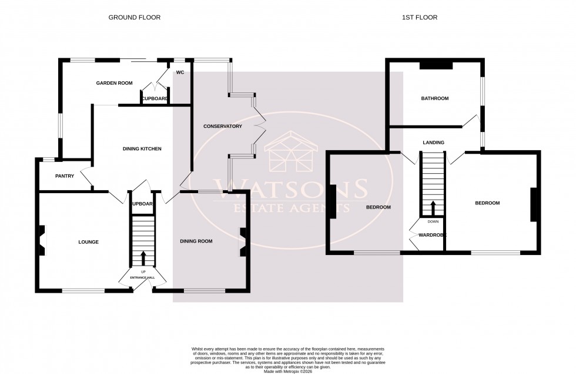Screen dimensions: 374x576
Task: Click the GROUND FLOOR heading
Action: (134, 18)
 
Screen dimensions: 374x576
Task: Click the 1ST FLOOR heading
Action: (419, 18)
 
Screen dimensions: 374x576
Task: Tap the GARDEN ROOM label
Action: (114, 84)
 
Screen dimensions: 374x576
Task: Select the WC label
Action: (180, 72)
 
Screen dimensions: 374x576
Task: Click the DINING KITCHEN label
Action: (142, 149)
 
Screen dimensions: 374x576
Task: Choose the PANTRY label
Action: (64, 176)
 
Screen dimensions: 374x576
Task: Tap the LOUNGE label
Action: (88, 242)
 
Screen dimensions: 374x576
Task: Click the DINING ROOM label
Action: (196, 241)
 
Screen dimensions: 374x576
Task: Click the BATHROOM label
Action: (434, 98)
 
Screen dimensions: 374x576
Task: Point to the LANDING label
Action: (433, 143)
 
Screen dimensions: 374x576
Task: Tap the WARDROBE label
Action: (432, 235)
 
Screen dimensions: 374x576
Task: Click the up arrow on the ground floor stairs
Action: (143, 257)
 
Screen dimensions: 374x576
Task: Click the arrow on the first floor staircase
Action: (433, 208)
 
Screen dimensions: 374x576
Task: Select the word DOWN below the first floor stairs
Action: (433, 222)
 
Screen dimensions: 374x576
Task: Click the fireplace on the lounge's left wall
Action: (41, 241)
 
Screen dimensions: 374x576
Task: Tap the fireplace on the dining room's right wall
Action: (242, 242)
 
